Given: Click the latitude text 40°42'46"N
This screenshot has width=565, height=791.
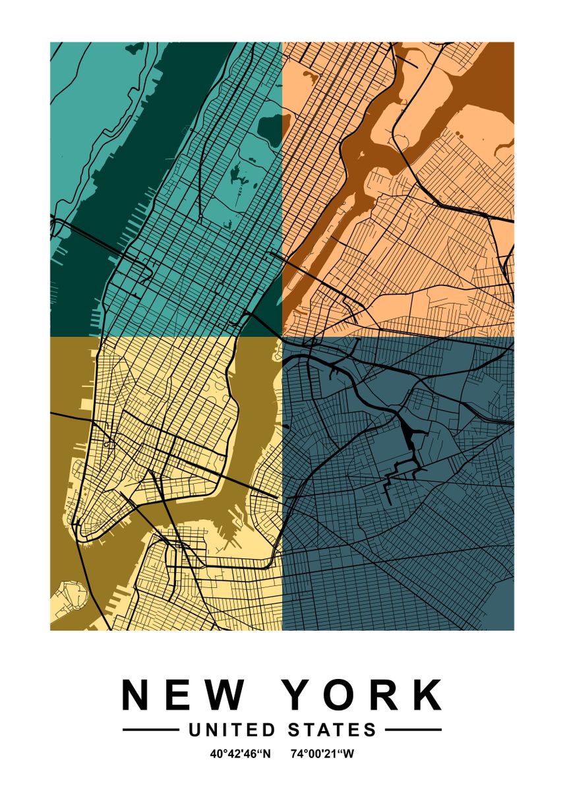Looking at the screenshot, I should (241, 753).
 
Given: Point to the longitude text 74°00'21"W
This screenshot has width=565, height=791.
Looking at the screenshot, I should (322, 753).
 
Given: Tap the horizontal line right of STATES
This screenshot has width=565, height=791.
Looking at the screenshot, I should (413, 730).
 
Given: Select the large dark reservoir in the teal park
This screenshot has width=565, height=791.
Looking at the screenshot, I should (270, 125).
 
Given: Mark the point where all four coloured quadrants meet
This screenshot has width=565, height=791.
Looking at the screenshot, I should (282, 337).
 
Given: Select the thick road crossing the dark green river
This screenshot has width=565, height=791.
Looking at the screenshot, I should (92, 238).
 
